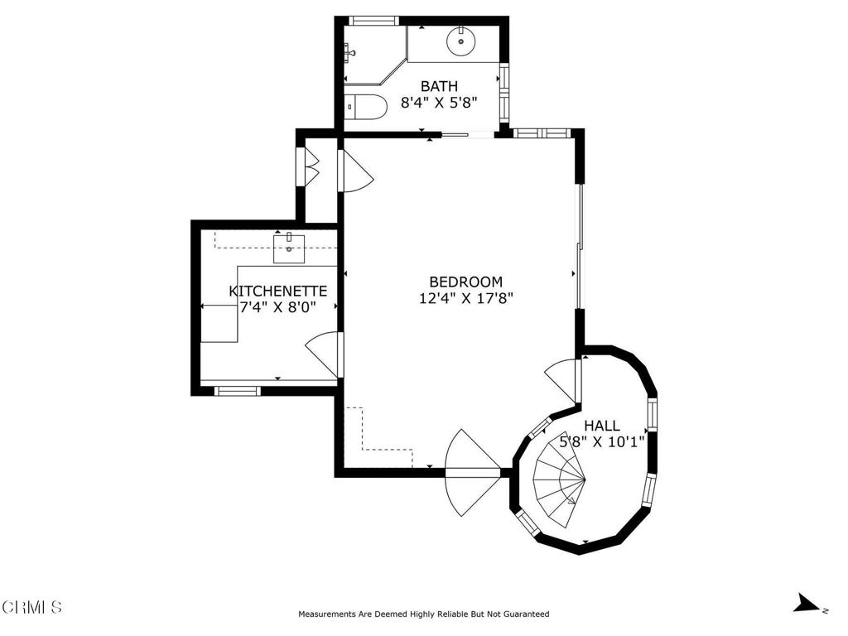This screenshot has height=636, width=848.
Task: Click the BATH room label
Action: (x=439, y=86)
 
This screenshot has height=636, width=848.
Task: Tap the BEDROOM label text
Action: (x=465, y=282)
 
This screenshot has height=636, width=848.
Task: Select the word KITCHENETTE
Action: (x=278, y=291)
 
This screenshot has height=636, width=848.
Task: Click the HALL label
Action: (x=602, y=426)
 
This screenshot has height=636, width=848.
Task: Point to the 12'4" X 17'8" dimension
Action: (x=465, y=298)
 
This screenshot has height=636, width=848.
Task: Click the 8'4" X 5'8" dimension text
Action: (x=439, y=102)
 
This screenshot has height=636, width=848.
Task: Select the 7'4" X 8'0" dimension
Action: (x=278, y=307)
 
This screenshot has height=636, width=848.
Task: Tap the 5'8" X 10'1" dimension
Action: (x=602, y=442)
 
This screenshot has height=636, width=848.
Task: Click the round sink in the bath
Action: (x=460, y=41)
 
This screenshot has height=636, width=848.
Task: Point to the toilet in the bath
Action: (x=365, y=107)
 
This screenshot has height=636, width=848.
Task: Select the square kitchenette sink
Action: (x=289, y=248)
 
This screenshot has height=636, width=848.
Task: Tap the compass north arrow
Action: (x=807, y=603)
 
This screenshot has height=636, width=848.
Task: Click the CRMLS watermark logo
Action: (x=31, y=607)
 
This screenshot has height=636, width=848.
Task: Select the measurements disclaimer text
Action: (x=423, y=614)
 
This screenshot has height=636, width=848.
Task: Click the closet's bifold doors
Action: (x=312, y=166)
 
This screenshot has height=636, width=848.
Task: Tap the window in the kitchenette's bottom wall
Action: (x=238, y=391)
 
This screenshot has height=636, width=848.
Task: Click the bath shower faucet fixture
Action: (x=349, y=52)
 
